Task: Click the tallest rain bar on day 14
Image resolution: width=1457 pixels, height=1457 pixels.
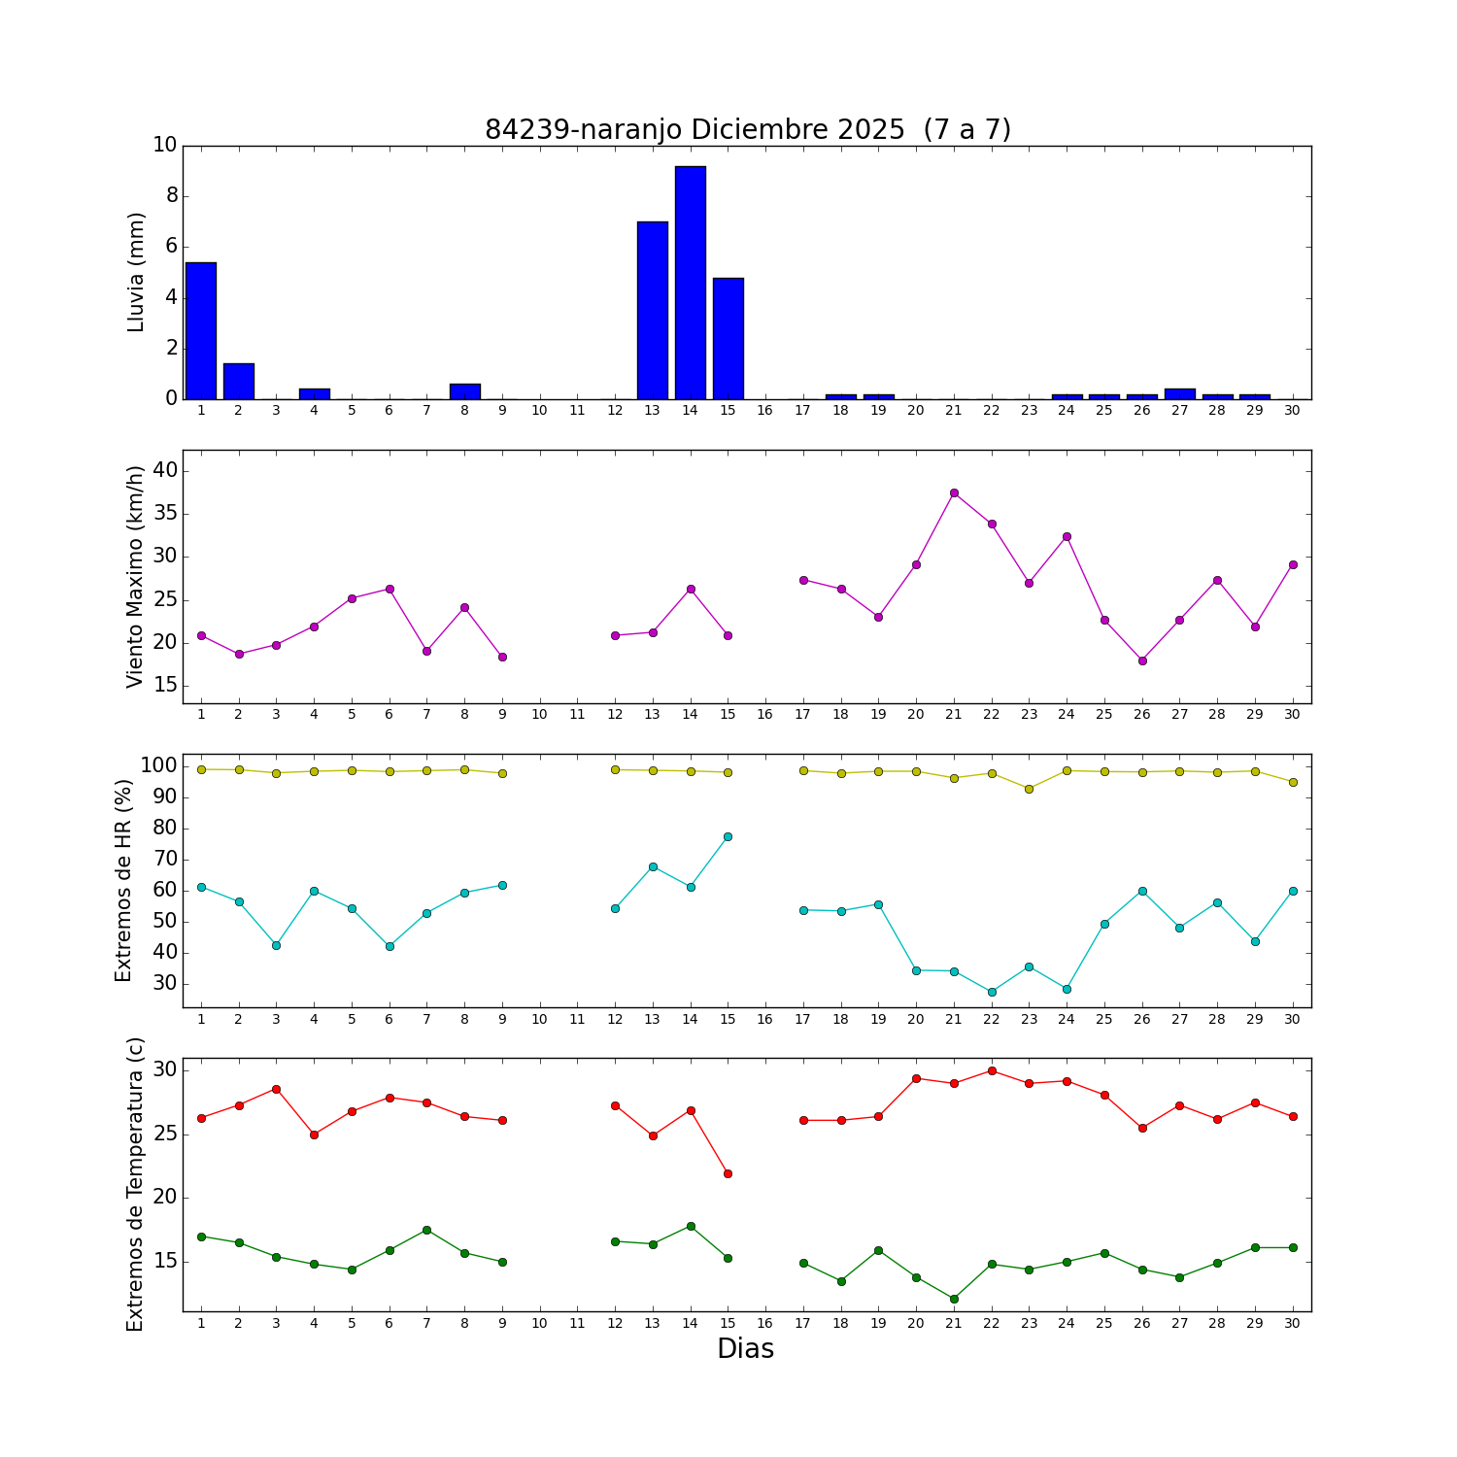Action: point(691,283)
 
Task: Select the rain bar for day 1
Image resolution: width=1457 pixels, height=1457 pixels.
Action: point(201,330)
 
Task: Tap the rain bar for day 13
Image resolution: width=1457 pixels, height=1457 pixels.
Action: point(653,311)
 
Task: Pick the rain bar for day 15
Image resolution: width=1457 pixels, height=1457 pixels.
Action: point(728,338)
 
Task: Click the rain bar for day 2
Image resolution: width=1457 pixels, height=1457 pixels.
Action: point(239,381)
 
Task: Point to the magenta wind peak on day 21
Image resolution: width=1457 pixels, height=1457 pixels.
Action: point(954,492)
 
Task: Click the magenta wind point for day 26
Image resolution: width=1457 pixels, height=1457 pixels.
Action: point(1142,661)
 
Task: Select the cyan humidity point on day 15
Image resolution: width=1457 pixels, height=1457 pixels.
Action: point(728,836)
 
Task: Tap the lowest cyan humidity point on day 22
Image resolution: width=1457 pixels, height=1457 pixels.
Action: point(992,992)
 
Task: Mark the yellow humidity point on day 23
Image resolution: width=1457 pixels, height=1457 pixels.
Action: point(1029,789)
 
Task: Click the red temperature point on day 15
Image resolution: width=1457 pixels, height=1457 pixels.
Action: point(728,1173)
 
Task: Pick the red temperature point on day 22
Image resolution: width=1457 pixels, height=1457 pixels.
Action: point(992,1070)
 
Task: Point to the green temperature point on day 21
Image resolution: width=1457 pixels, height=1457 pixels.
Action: point(954,1299)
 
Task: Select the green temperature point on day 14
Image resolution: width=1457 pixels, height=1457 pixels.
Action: point(691,1226)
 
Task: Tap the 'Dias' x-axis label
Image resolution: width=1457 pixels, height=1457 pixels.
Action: point(745,1349)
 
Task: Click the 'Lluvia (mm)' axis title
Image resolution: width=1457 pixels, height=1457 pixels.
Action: point(136,272)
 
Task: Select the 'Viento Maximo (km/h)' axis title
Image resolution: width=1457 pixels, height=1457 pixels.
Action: point(135,576)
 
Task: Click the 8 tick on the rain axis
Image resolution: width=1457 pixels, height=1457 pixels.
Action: point(172,196)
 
